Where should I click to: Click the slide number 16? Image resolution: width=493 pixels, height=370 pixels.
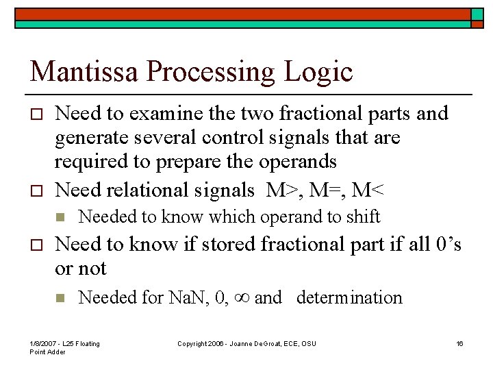(x=459, y=343)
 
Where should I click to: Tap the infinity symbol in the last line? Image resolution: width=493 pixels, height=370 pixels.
(x=240, y=297)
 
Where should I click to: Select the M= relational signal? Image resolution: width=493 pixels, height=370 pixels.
(x=327, y=190)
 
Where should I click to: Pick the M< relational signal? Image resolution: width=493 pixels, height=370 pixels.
(x=367, y=190)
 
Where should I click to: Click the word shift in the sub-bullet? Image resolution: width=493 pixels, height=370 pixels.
(x=363, y=217)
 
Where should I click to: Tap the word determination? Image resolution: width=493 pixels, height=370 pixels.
(x=349, y=297)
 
